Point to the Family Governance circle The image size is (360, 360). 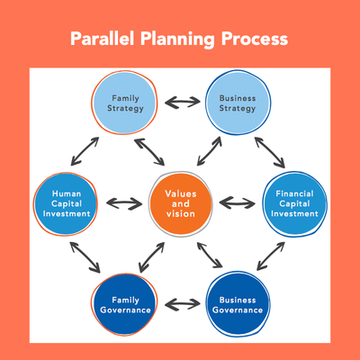126,304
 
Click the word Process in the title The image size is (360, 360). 255,40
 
